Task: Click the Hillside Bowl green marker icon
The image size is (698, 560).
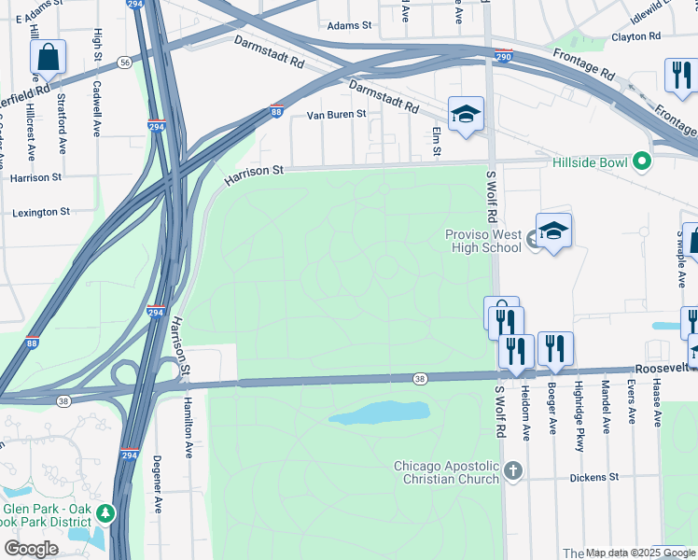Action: pyautogui.click(x=641, y=161)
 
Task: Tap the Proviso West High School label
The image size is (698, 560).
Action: pyautogui.click(x=482, y=242)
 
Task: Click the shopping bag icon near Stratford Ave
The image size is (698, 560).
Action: pyautogui.click(x=48, y=58)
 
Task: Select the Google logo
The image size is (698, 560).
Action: pyautogui.click(x=31, y=548)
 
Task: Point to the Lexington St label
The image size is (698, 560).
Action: pyautogui.click(x=41, y=213)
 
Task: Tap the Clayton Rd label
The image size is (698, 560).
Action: pyautogui.click(x=635, y=36)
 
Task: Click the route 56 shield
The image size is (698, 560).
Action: pyautogui.click(x=124, y=62)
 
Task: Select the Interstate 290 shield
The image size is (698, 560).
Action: pyautogui.click(x=503, y=56)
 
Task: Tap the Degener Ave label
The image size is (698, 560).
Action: pyautogui.click(x=157, y=484)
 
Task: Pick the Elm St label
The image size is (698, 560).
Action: pyautogui.click(x=436, y=142)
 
